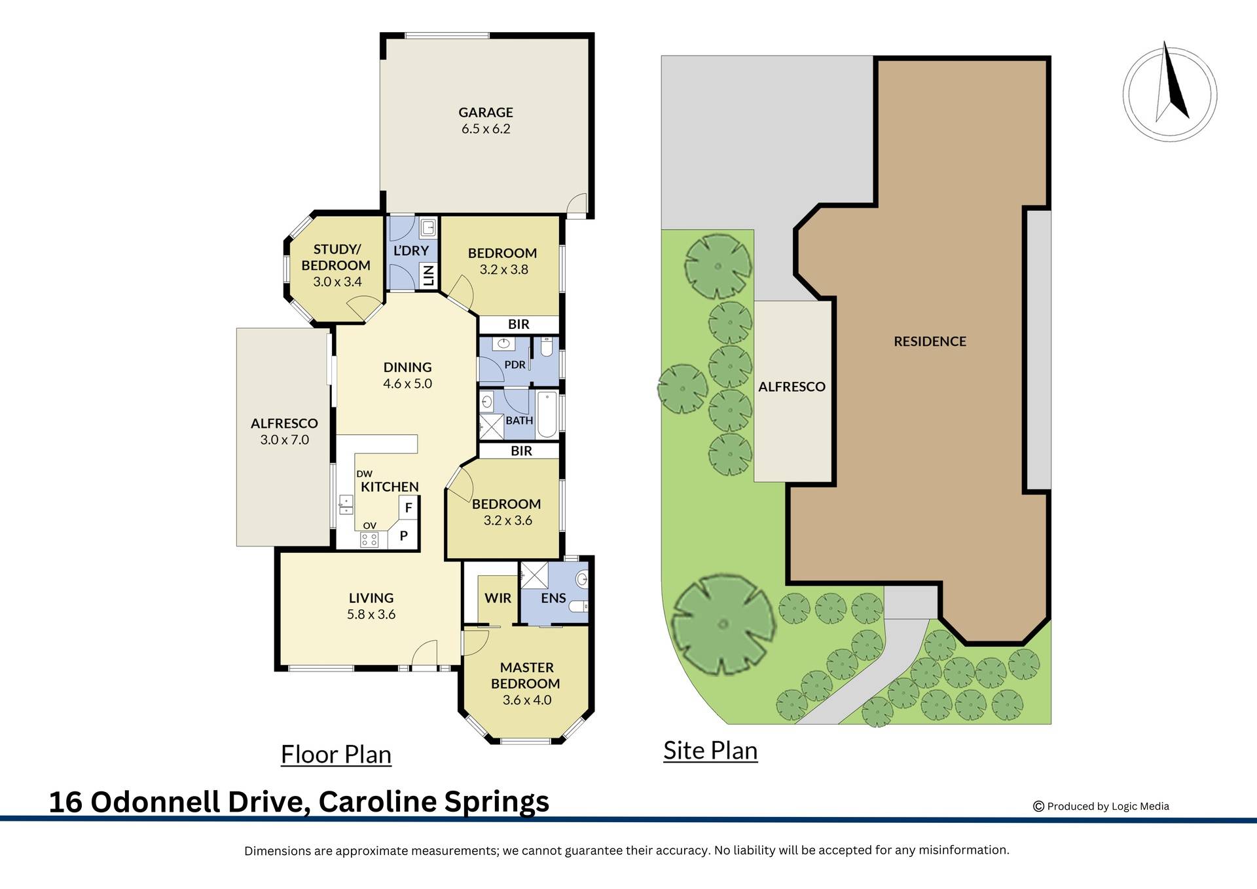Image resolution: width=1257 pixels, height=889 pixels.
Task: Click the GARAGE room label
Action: tap(485, 113)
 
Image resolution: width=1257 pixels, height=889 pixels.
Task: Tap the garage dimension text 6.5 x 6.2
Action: tap(485, 129)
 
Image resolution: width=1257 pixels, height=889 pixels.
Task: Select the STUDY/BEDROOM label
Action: tap(336, 257)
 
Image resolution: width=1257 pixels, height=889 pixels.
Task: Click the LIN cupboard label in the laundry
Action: tap(429, 276)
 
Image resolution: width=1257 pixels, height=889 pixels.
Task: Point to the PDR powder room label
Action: tap(515, 365)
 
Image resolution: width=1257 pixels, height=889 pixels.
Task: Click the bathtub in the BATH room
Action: tap(547, 414)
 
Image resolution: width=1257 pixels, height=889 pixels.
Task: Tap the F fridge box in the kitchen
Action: tap(409, 508)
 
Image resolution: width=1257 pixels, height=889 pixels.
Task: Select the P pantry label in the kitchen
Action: tap(404, 536)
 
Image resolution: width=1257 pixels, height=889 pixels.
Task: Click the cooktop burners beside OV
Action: tap(369, 540)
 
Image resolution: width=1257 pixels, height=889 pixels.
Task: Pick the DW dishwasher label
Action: tap(364, 474)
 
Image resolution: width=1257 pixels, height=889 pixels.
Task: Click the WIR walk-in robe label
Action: tap(498, 598)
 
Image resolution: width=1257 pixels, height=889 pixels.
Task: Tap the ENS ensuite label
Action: tap(553, 598)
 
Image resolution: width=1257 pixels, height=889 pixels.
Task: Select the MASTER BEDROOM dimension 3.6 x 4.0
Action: tap(526, 700)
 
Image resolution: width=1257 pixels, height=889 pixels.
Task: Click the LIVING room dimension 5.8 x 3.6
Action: tap(371, 615)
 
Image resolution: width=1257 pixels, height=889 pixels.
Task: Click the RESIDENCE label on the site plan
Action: tap(930, 341)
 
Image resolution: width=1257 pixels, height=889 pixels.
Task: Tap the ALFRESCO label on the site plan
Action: tap(792, 387)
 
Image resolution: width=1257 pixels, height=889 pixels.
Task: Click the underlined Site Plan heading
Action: tap(710, 751)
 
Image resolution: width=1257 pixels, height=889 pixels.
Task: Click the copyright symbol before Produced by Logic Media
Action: tap(1038, 806)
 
